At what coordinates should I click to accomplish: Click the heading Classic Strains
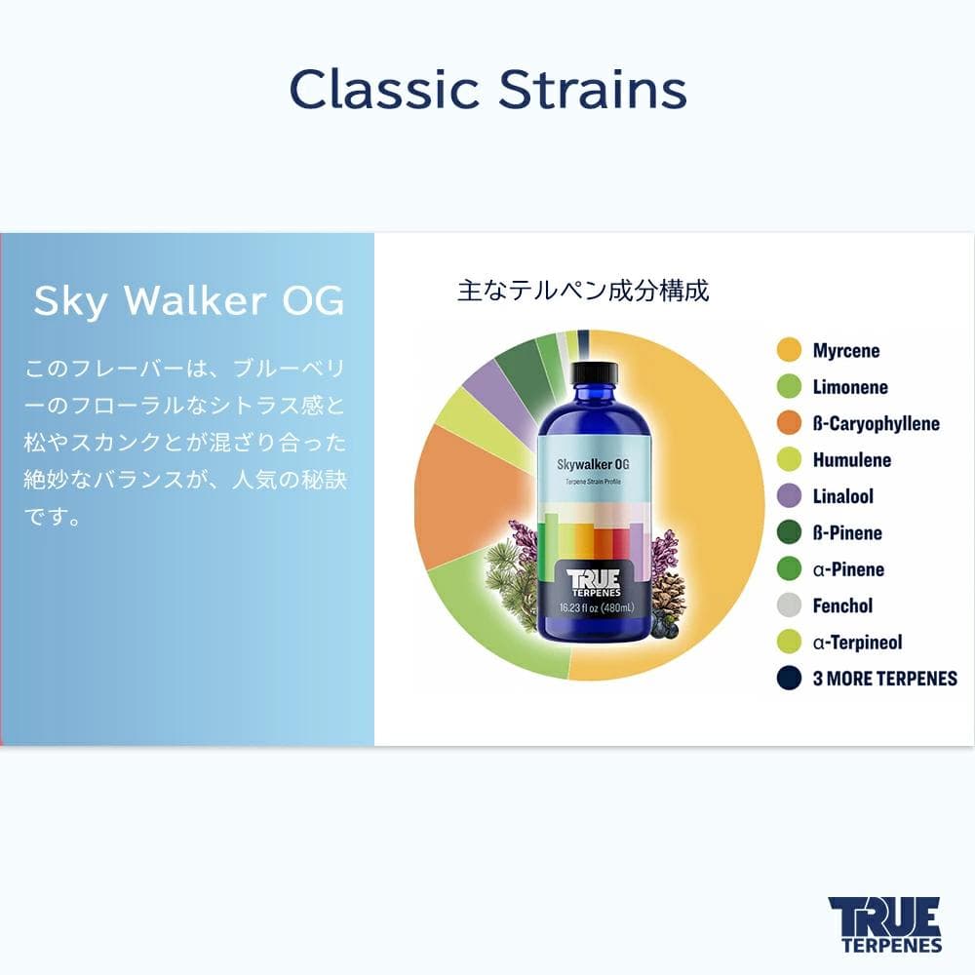coord(487,90)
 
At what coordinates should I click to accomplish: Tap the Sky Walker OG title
coord(188,302)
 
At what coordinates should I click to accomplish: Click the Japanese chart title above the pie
coord(583,291)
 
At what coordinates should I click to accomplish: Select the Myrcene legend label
coord(845,351)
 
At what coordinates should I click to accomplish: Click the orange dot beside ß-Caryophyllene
coord(789,423)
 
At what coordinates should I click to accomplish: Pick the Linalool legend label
coord(842,496)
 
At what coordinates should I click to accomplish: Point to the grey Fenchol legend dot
coord(789,605)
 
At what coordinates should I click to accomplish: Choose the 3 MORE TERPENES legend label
coord(884,679)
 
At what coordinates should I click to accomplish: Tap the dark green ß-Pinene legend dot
coord(789,532)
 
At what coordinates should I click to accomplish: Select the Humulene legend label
coord(851,460)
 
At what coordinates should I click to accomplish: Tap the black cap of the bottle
coord(594,371)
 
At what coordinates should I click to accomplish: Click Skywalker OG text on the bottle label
coord(596,467)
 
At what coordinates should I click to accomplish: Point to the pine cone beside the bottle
coord(668,595)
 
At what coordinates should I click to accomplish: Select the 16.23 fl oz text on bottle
coord(596,608)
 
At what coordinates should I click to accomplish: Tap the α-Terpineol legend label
coord(857,643)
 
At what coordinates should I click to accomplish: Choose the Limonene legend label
coord(849,387)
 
